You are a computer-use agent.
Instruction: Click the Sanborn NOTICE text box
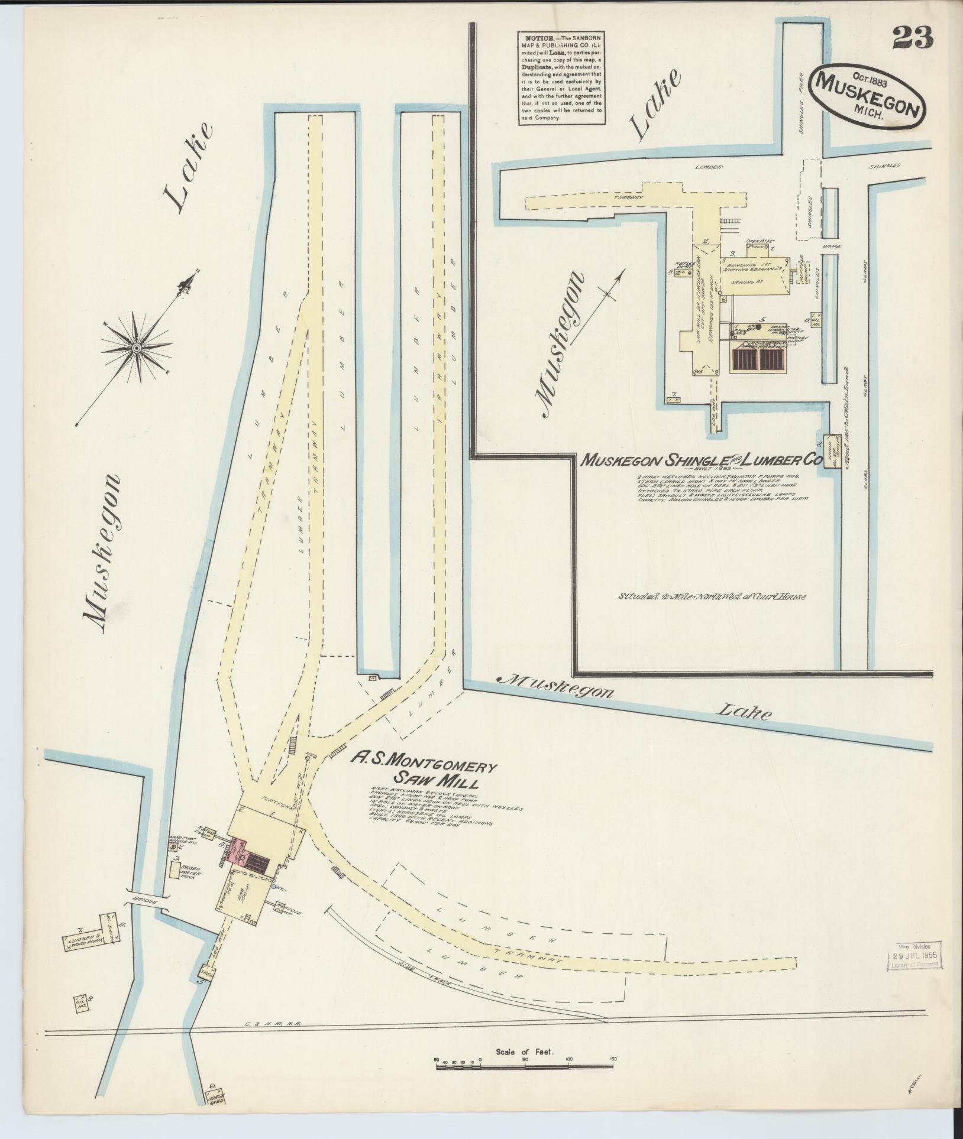click(561, 77)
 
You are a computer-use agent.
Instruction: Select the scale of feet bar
click(524, 1067)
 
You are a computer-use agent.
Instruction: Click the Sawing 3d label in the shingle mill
click(745, 283)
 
